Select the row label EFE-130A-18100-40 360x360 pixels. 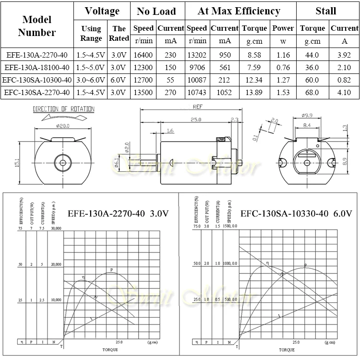(37, 67)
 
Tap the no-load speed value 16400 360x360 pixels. (144, 55)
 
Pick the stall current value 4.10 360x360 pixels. (344, 92)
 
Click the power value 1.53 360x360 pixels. (283, 92)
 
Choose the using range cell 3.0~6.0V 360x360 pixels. (91, 80)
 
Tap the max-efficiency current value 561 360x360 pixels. (225, 67)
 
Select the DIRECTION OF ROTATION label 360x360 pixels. (63, 109)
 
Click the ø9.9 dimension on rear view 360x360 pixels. (308, 115)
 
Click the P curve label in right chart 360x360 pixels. (305, 265)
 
